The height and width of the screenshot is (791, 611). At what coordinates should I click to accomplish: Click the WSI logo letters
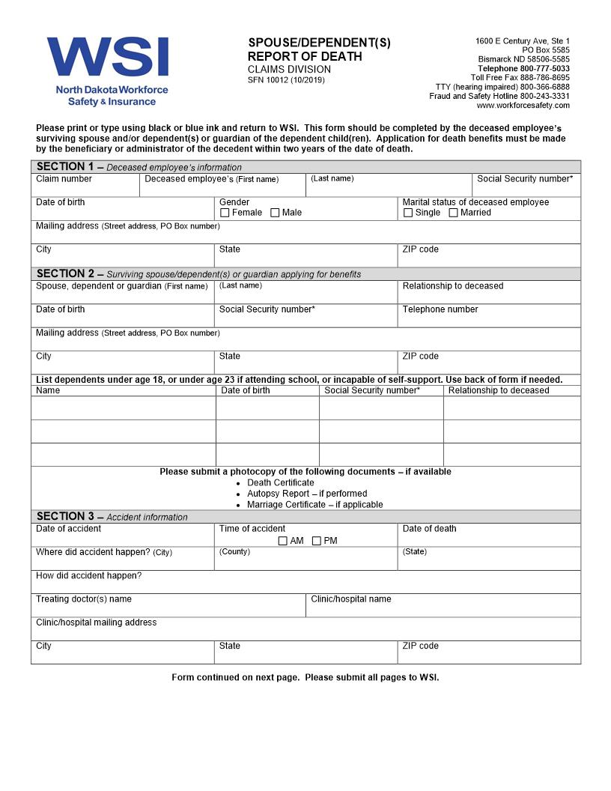(107, 58)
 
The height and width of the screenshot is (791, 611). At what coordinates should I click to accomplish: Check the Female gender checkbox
(225, 213)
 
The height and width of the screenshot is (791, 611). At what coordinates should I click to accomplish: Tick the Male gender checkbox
(275, 213)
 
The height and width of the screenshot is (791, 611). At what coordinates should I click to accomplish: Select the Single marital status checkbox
(408, 213)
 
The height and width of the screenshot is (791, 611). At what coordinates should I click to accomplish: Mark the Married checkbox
(453, 213)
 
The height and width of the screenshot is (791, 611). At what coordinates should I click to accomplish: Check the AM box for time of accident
(282, 541)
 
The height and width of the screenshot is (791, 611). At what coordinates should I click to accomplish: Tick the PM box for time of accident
(316, 541)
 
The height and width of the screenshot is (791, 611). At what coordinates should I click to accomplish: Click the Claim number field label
(64, 179)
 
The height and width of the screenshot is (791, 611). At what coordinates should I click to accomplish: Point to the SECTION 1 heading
(65, 166)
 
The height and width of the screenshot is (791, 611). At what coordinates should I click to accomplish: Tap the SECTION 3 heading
(65, 516)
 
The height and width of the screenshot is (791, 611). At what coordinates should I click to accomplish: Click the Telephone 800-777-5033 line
(523, 69)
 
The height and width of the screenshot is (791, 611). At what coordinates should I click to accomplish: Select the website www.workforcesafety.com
(523, 106)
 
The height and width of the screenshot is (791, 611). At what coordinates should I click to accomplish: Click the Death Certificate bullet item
(282, 483)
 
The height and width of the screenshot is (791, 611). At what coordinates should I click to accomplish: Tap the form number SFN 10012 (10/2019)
(286, 80)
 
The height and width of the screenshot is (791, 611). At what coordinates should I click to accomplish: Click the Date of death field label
(429, 529)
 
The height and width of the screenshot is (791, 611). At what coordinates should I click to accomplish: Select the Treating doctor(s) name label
(84, 599)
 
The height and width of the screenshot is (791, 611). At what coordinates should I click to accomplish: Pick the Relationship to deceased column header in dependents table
(499, 390)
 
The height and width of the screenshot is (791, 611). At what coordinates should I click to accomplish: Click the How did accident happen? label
(88, 576)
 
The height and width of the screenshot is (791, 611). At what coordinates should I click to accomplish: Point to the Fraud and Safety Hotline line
(499, 96)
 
